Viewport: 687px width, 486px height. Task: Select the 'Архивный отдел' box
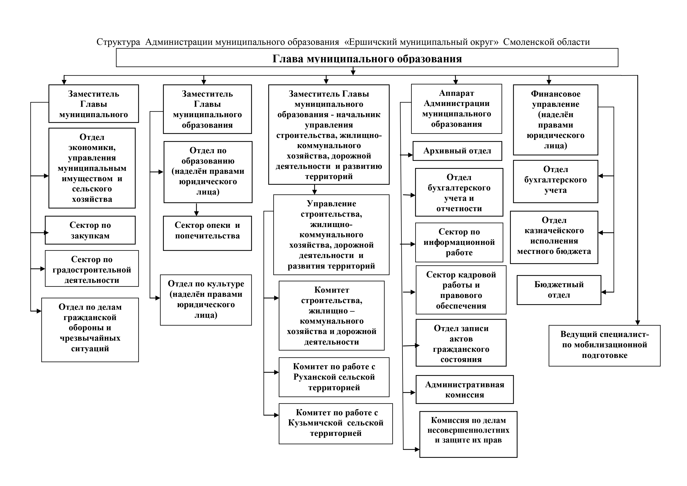point(457,151)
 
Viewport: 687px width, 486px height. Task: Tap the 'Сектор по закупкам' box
point(90,230)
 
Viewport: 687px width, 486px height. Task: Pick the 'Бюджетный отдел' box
point(559,290)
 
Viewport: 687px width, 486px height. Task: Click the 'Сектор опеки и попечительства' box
point(207,233)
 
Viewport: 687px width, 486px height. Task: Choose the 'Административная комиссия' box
point(464,390)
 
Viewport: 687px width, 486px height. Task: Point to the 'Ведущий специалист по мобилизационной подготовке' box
point(604,345)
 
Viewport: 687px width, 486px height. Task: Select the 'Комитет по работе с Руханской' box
point(334,377)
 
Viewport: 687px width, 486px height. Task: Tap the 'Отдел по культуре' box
point(206,300)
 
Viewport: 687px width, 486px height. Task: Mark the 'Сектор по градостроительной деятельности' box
point(92,269)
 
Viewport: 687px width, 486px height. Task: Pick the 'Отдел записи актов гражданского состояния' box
point(461,343)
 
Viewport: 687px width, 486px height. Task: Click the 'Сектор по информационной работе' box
point(459,242)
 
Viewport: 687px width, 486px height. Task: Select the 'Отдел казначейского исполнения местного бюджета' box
point(554,237)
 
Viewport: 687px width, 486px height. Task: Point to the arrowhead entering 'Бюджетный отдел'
point(604,292)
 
